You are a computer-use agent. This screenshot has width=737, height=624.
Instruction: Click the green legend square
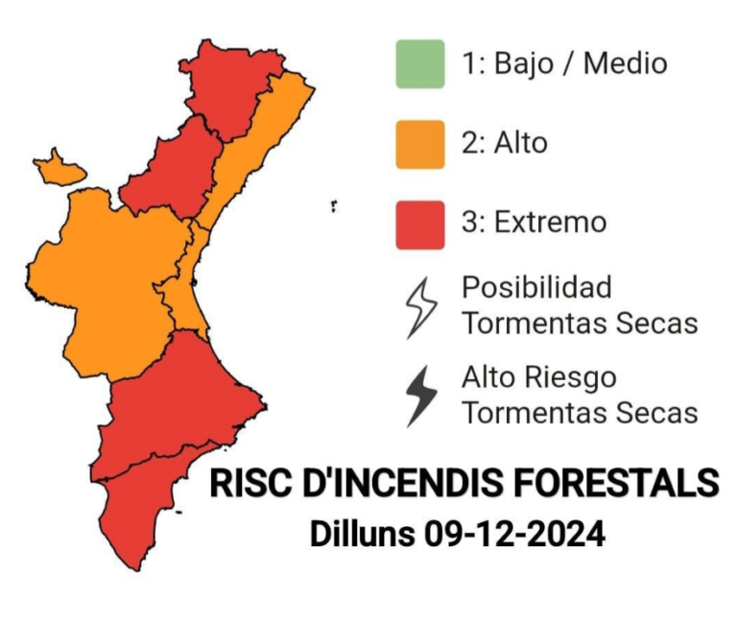tap(419, 64)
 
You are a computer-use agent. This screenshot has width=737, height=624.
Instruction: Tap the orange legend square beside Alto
tap(419, 144)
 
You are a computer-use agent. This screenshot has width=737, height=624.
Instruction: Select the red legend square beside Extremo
tap(419, 224)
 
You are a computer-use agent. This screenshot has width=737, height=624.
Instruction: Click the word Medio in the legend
tap(625, 64)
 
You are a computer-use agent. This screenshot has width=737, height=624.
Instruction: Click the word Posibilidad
tap(536, 287)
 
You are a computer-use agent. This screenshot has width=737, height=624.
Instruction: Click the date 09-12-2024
tap(513, 534)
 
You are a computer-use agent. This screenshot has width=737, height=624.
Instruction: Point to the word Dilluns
tap(362, 534)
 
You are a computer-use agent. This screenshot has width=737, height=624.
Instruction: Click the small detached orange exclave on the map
tap(59, 169)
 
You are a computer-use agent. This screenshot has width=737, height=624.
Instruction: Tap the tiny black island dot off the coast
tap(334, 204)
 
